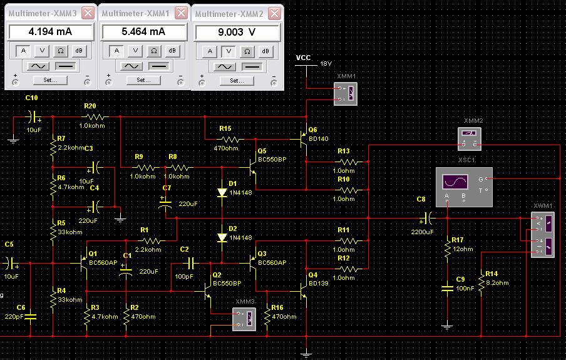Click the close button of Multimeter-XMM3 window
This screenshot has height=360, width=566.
click(88, 13)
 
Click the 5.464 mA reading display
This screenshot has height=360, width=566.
click(144, 32)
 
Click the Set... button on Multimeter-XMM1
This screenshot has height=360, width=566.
click(143, 80)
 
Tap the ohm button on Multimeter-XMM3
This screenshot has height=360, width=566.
click(61, 51)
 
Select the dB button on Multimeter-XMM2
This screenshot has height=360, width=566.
click(265, 51)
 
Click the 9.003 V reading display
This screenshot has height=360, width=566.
click(237, 33)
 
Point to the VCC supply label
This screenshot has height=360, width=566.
click(303, 58)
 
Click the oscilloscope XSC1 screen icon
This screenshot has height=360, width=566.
click(455, 182)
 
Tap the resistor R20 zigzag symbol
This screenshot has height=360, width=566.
click(95, 117)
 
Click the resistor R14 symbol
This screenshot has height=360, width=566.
click(481, 284)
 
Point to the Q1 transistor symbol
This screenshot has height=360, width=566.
click(83, 264)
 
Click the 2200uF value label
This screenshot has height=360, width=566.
click(423, 232)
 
